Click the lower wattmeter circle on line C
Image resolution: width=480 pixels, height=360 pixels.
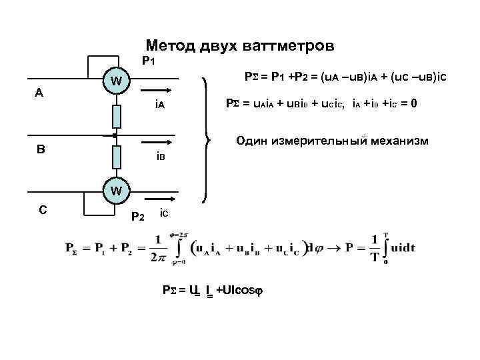[x=115, y=190]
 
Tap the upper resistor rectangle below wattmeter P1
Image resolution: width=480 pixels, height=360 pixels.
[x=115, y=116]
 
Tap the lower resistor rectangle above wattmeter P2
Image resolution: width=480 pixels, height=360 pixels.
[x=115, y=157]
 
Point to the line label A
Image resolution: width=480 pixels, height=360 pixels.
[x=39, y=93]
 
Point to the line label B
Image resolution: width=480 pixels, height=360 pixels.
[x=41, y=149]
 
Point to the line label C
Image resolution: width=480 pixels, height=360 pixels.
[x=42, y=209]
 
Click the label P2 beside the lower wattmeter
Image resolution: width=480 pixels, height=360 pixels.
[x=137, y=215]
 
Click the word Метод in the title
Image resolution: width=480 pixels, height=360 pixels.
[x=169, y=45]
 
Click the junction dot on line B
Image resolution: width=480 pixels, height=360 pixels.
[x=115, y=135]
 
